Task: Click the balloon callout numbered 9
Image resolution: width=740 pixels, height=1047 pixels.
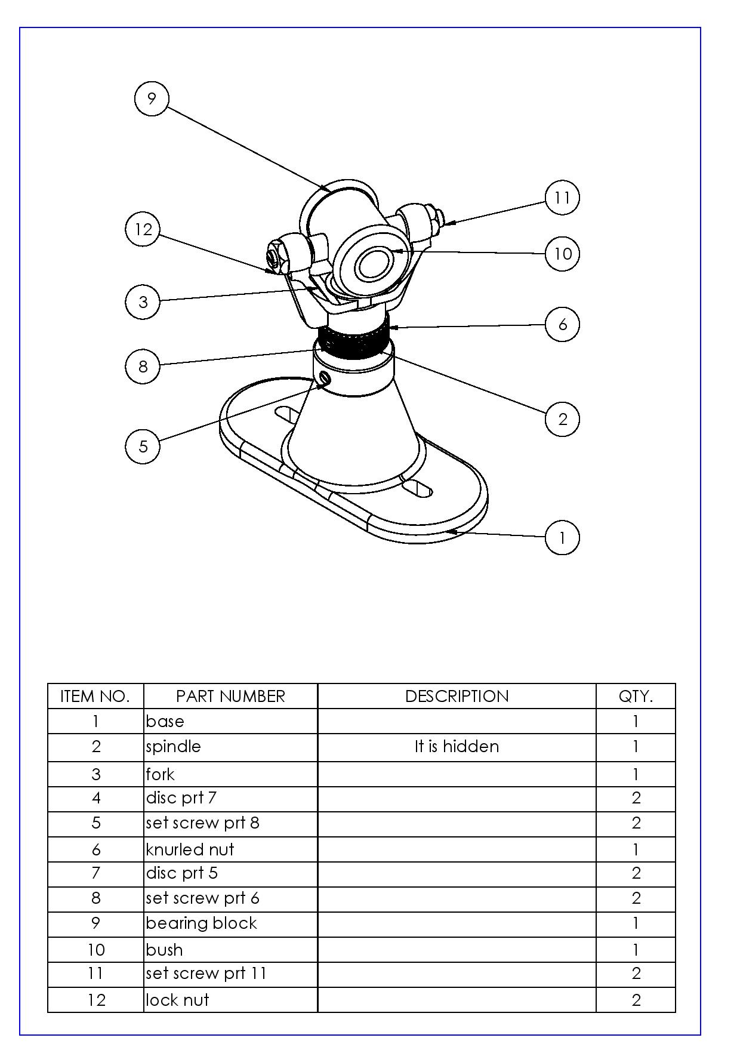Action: (x=152, y=98)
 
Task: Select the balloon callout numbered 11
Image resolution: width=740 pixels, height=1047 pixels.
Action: (x=562, y=198)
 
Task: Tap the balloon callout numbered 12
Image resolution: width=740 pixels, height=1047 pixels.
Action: (x=143, y=229)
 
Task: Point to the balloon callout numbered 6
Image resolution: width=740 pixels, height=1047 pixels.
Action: (x=562, y=324)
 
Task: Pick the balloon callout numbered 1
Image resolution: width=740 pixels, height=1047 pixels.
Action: (x=562, y=538)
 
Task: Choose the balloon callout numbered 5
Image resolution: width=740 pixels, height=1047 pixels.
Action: (x=143, y=446)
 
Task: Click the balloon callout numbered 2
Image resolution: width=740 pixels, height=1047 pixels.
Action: (x=562, y=419)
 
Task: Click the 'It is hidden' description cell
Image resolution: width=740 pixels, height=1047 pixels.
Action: (x=457, y=747)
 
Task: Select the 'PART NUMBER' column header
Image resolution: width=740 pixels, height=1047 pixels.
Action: (x=230, y=696)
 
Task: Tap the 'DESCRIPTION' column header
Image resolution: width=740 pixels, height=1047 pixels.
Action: (x=457, y=696)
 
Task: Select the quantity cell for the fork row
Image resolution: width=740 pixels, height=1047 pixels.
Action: (x=636, y=774)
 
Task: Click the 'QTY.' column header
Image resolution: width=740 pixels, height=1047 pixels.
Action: (x=636, y=696)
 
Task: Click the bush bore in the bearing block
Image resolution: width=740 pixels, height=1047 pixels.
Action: (x=373, y=264)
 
